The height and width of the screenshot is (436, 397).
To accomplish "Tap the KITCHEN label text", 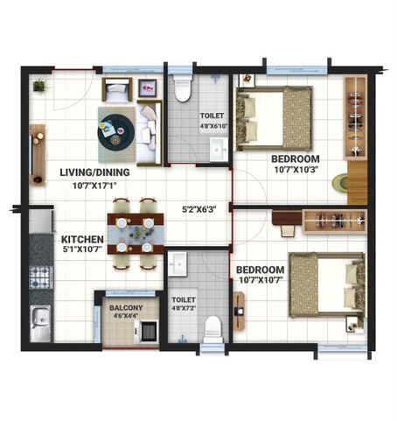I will click(x=82, y=239).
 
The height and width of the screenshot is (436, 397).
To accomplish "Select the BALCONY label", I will click(x=126, y=307).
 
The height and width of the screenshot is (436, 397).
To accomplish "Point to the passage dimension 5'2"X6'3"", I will click(x=198, y=210).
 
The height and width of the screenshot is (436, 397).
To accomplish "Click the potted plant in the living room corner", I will click(x=39, y=86).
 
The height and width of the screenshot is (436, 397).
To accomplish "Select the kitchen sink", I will click(x=40, y=322).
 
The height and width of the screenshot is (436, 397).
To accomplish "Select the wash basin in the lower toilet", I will click(x=178, y=263).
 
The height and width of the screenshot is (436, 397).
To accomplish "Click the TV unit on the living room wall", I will click(x=37, y=154).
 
